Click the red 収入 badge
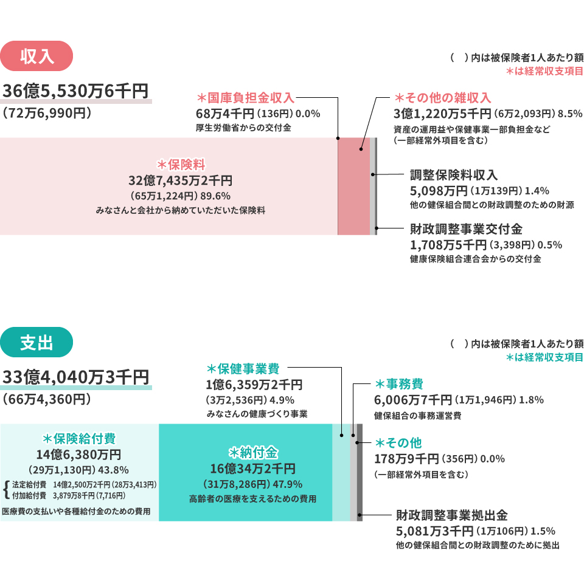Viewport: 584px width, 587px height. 37,57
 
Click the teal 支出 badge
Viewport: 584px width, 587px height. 37,343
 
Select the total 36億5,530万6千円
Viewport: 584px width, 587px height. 76,92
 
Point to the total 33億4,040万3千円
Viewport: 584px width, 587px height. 76,378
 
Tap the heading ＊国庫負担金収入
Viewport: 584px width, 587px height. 246,98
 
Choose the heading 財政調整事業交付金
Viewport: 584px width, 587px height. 466,230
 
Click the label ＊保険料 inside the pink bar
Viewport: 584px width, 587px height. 180,165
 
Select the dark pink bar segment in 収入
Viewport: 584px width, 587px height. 353,186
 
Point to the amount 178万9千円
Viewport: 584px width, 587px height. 406,458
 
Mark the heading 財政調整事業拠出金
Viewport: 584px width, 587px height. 451,516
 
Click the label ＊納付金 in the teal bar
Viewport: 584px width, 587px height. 252,453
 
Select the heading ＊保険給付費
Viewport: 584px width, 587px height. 79,439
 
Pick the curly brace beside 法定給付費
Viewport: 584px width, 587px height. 6,489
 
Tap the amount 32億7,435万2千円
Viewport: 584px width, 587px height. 180,180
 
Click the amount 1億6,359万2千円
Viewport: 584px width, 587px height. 255,385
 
